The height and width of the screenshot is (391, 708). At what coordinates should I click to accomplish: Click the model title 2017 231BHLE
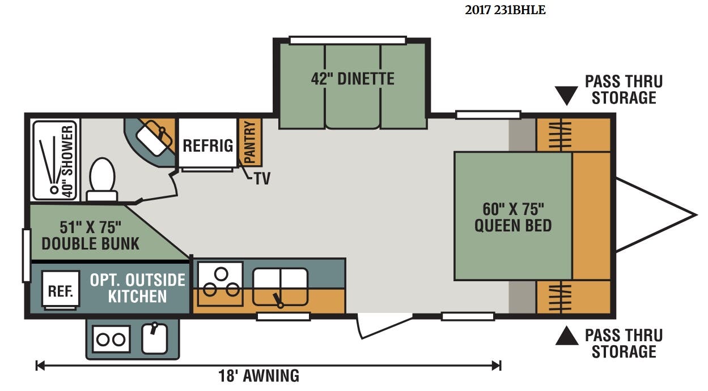(x=505, y=10)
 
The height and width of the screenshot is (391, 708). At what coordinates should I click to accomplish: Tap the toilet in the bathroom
(x=102, y=179)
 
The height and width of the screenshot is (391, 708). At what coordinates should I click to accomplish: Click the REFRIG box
(x=207, y=143)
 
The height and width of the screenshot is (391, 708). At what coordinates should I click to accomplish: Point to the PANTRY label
(x=249, y=143)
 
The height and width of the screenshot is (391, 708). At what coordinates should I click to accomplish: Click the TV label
(x=262, y=179)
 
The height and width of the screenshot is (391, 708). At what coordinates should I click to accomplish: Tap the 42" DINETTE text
(x=353, y=79)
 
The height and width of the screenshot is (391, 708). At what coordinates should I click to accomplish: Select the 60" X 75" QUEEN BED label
(x=513, y=217)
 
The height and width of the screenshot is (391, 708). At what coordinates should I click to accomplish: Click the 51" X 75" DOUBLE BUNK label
(x=90, y=235)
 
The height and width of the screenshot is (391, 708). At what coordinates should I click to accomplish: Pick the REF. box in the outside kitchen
(x=60, y=289)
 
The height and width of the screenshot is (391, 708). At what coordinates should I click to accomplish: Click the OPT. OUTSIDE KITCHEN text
(x=138, y=289)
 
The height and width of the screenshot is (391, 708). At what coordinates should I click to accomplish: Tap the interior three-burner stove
(x=221, y=284)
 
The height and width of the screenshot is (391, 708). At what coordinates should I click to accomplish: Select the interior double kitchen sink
(x=281, y=286)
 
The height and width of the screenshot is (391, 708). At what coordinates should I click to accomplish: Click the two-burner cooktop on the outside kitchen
(x=111, y=340)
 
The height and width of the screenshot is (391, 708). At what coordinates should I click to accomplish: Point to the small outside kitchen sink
(x=154, y=338)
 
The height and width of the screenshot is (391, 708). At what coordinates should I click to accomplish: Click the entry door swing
(x=384, y=326)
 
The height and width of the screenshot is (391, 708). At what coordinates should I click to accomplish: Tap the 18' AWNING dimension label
(x=259, y=376)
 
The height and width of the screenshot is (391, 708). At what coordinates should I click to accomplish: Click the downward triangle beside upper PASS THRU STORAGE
(x=566, y=94)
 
